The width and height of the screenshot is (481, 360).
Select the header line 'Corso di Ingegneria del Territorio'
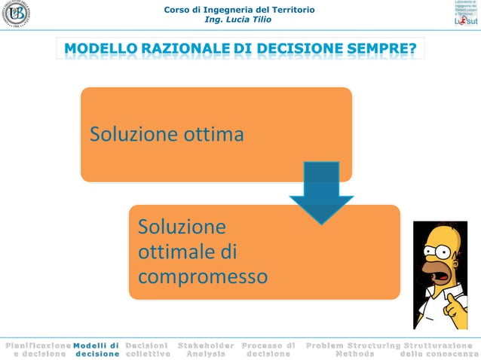(239, 9)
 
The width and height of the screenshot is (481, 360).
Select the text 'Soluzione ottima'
(167, 136)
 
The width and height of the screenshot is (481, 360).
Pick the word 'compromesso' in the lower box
(202, 276)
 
